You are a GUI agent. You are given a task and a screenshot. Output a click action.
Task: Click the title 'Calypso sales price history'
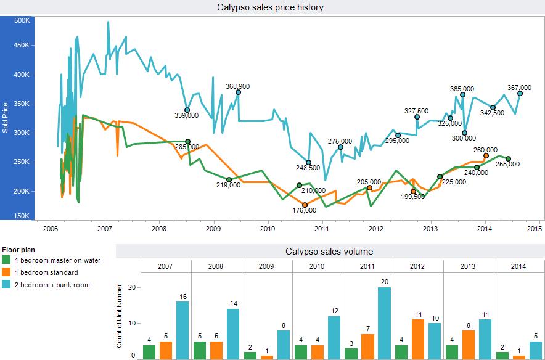(x=270, y=7)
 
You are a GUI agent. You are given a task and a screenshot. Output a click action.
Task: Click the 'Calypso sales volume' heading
(x=329, y=252)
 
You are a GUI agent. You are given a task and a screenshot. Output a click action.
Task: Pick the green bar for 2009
(x=250, y=355)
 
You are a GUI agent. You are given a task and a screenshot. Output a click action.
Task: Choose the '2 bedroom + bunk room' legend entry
(x=46, y=285)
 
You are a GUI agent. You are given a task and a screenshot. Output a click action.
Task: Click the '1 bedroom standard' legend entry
(x=42, y=272)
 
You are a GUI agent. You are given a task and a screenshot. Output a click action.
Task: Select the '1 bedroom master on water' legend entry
(x=51, y=260)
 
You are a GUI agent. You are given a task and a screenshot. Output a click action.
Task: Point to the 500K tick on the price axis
(x=22, y=20)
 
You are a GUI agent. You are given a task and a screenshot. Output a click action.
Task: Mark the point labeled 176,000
(x=305, y=205)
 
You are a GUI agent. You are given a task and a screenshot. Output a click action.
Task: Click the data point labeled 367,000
(x=520, y=93)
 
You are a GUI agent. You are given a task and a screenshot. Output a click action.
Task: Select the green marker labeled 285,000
(x=188, y=141)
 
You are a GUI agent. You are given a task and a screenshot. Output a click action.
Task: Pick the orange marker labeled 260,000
(x=486, y=156)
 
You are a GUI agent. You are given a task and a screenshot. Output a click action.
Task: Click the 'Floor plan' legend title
(x=19, y=250)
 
